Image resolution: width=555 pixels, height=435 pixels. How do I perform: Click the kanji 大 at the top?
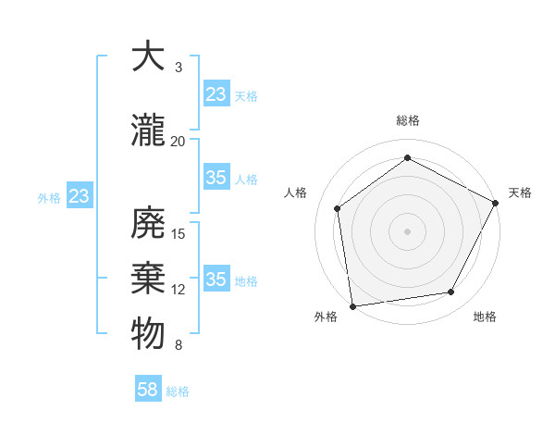point(148,57)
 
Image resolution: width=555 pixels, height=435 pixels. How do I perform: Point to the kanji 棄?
point(148,278)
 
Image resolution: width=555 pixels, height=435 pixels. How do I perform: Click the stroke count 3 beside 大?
point(179,68)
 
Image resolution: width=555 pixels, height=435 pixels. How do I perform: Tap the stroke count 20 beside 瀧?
point(179,141)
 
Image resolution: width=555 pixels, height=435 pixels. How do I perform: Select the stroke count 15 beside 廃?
point(179,233)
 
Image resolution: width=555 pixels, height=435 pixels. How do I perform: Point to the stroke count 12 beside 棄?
point(179,290)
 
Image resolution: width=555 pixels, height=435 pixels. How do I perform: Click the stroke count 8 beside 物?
point(179,345)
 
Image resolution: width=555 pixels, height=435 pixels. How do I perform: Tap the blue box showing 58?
point(148,390)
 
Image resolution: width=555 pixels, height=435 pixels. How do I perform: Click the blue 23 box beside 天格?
point(216,93)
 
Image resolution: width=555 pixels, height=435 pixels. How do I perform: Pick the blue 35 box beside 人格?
point(216,178)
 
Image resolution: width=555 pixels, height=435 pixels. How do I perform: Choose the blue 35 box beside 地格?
point(216,280)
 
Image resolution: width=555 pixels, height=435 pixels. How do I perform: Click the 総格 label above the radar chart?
point(408,121)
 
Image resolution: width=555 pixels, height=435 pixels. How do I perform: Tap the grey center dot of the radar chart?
point(408,230)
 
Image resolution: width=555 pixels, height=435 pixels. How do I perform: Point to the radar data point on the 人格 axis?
point(338,208)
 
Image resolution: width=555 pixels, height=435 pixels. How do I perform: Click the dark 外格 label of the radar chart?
point(326,317)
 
